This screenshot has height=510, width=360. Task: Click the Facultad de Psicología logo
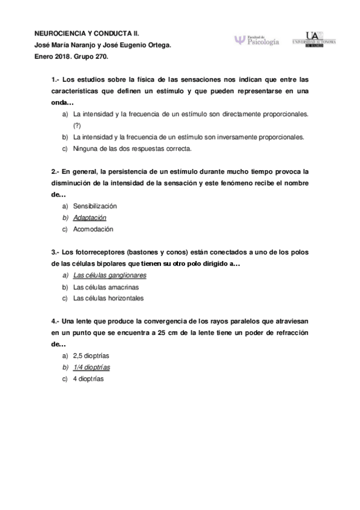(x=257, y=40)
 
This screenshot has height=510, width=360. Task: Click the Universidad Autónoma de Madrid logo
(x=313, y=39)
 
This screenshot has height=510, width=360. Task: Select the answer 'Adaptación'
(x=90, y=217)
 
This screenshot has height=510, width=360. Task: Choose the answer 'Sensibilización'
(x=95, y=206)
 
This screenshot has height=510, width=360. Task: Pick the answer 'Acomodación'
(x=93, y=229)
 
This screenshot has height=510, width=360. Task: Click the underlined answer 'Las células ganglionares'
(x=109, y=275)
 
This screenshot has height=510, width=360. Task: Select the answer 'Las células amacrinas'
(x=105, y=286)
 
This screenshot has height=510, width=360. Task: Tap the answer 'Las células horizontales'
(x=108, y=298)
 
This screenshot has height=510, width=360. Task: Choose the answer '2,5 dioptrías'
(x=91, y=355)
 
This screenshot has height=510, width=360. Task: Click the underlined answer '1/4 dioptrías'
(x=91, y=367)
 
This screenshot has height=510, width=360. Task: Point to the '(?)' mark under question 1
(x=76, y=125)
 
